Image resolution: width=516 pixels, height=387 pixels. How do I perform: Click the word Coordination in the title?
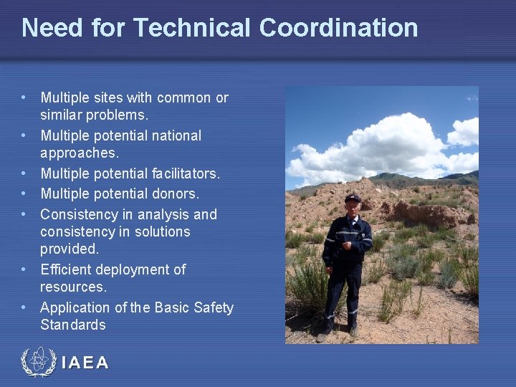tap(338, 28)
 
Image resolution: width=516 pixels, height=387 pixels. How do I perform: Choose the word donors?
tap(176, 193)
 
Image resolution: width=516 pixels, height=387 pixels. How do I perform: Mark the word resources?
tap(73, 287)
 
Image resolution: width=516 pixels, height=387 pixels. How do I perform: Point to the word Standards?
tap(73, 325)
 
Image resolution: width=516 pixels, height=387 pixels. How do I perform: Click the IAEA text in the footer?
tap(85, 363)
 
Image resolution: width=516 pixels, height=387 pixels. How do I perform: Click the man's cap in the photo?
tap(353, 198)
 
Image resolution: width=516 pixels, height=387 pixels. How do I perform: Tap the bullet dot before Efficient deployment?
tap(24, 269)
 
